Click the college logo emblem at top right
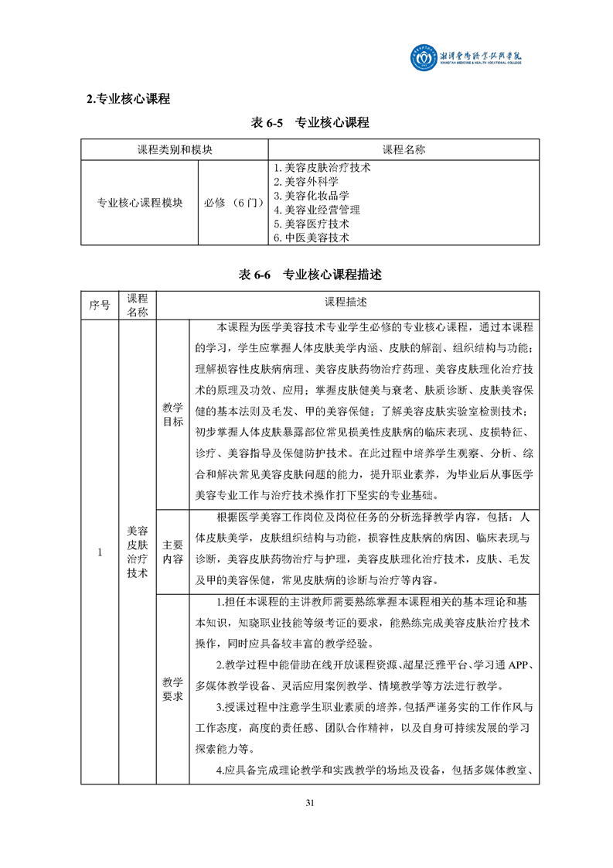[x=424, y=58]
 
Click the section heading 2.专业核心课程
[x=128, y=99]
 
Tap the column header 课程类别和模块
[x=175, y=149]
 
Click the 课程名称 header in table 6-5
[x=404, y=149]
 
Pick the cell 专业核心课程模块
[x=140, y=203]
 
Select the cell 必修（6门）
[x=233, y=203]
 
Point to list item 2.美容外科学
[x=306, y=181]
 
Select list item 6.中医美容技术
[x=312, y=238]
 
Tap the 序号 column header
[x=99, y=305]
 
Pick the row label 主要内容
[x=172, y=552]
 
